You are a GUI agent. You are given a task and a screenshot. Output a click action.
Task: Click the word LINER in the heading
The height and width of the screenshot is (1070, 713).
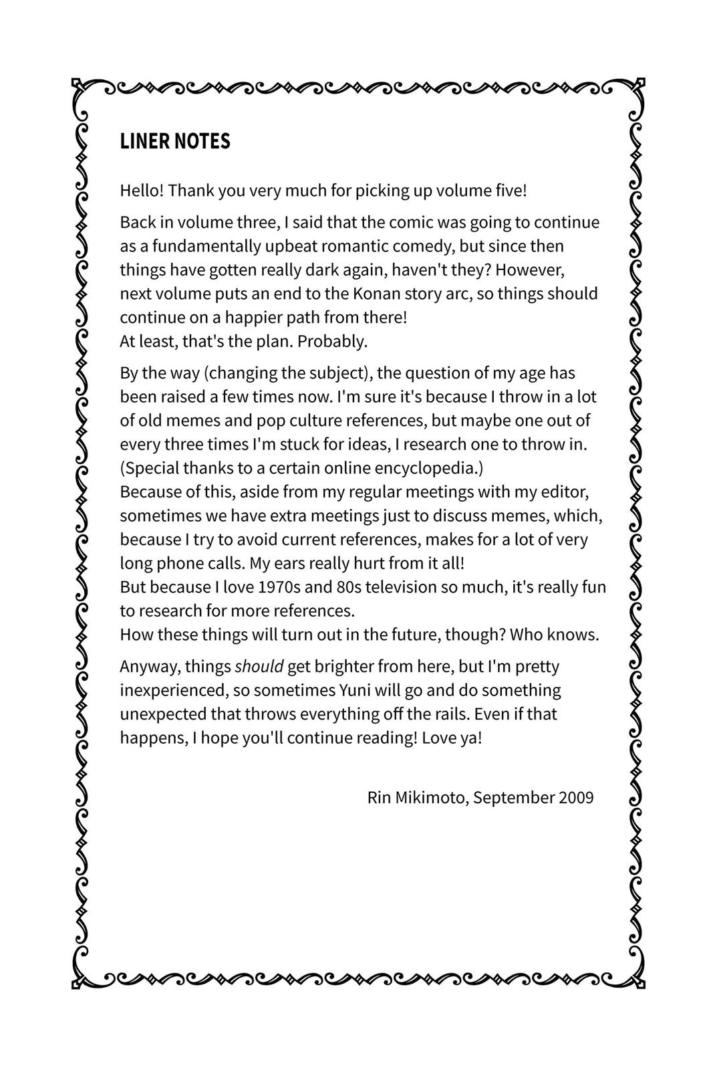point(144,142)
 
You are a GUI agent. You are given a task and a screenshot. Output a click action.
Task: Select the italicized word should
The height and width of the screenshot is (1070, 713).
point(259,667)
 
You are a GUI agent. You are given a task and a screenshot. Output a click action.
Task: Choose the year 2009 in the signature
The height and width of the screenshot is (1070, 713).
point(576,798)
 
